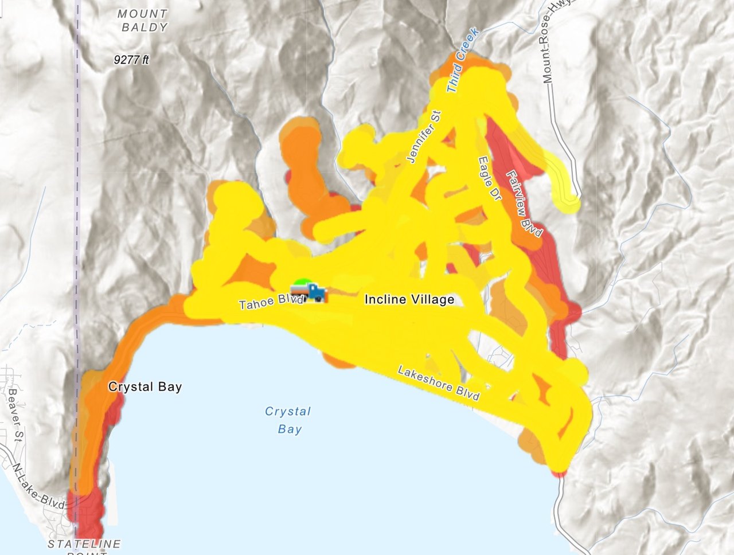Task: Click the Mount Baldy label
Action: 143,20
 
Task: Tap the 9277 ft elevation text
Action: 131,59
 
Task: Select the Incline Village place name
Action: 409,299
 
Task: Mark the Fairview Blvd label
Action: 524,204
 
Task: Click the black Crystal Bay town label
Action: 145,387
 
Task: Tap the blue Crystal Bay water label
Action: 288,420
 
